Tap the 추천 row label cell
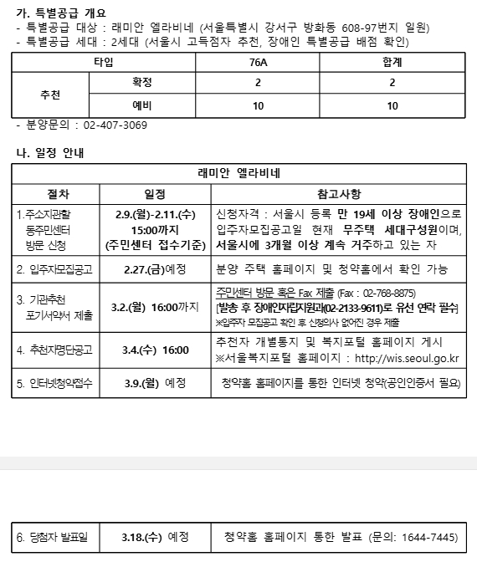coord(50,95)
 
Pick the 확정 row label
coord(142,84)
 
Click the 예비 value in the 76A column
coord(259,106)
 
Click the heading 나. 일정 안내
coord(51,153)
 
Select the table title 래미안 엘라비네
coord(238,174)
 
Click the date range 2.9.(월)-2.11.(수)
coord(155,213)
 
